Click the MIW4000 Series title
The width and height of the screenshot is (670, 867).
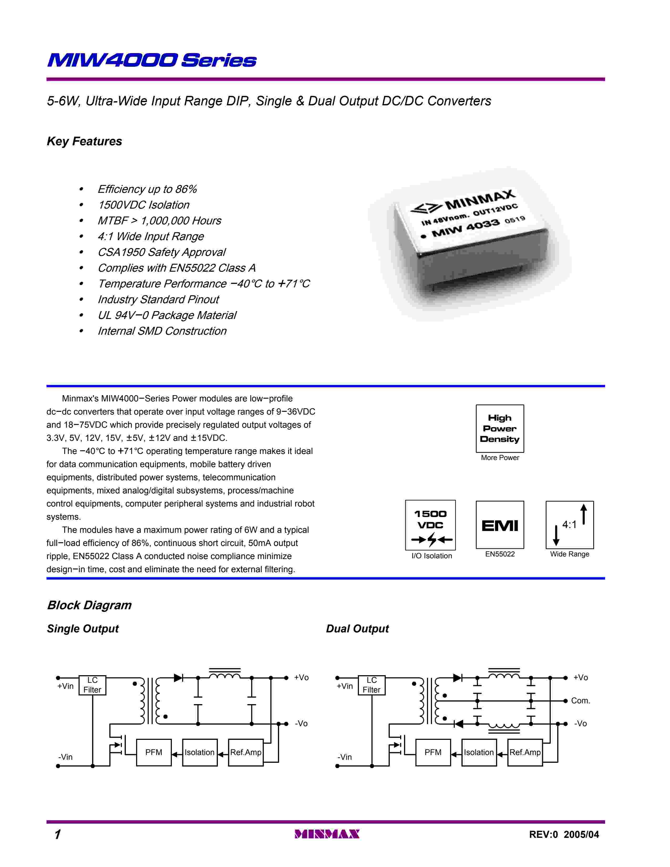pos(152,60)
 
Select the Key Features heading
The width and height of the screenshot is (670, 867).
pos(84,141)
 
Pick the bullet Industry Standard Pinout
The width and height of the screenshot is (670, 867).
pos(158,299)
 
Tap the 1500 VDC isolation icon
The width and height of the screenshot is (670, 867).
pos(430,525)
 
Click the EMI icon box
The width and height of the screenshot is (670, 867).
pos(500,525)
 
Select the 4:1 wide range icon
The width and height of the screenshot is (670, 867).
pos(570,525)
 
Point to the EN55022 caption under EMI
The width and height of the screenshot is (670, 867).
pos(500,554)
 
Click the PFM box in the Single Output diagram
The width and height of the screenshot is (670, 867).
pos(154,752)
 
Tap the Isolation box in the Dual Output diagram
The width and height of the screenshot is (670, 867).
pos(479,752)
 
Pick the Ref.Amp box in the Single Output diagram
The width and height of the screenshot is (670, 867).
pos(246,752)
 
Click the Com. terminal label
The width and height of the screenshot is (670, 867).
pos(580,701)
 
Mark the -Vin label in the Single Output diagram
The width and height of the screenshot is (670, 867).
pos(65,757)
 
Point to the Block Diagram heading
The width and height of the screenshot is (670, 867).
pos(89,605)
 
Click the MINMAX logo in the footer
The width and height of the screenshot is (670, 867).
pos(327,834)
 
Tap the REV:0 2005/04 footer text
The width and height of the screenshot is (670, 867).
pos(564,834)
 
